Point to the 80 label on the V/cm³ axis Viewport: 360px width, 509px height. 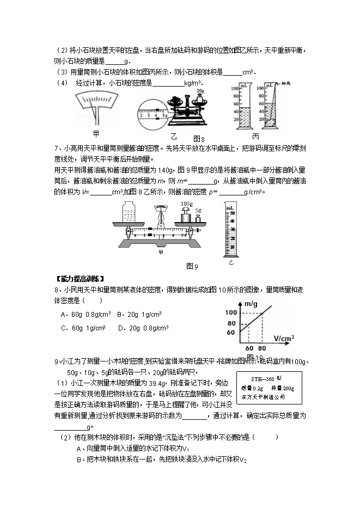coord(264,348)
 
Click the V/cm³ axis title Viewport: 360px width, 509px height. coord(284,338)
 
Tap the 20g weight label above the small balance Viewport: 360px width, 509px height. coord(200,91)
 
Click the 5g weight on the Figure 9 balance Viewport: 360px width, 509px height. coord(198,218)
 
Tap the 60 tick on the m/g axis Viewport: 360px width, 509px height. coord(230,332)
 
